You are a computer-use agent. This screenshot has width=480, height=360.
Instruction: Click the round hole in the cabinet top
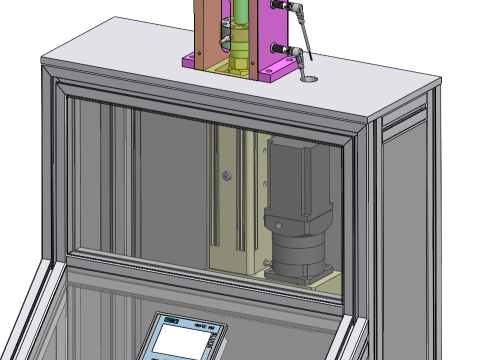click(x=307, y=75)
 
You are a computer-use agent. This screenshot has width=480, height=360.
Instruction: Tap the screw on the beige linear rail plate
click(x=227, y=177)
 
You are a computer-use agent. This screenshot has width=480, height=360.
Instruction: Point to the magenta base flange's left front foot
click(x=191, y=63)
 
